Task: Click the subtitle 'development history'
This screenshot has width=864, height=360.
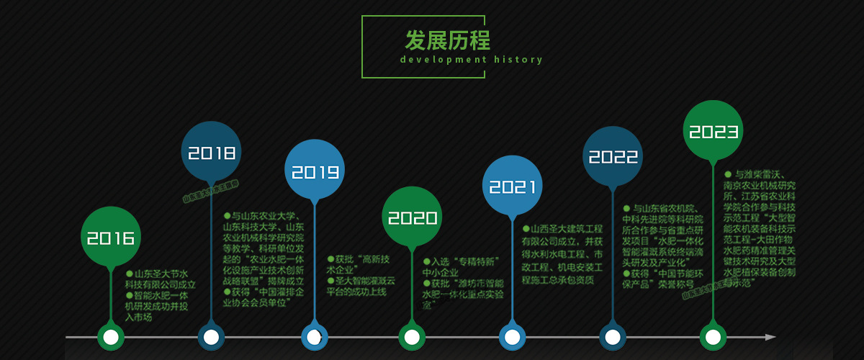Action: click(471, 60)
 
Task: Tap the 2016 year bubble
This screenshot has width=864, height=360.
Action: click(110, 238)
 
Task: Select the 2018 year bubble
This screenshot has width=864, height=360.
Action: click(212, 153)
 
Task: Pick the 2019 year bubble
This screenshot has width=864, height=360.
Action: click(315, 171)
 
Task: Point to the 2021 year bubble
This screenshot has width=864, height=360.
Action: click(513, 186)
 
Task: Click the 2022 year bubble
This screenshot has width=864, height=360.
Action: click(613, 156)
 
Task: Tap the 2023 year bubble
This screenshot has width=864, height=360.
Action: click(714, 131)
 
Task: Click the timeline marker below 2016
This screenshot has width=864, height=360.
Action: click(110, 336)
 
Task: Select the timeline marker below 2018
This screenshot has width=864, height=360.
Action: click(211, 336)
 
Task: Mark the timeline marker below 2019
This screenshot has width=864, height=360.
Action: click(313, 336)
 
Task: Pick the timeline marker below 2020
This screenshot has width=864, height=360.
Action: click(412, 336)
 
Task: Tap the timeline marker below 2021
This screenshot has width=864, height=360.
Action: click(512, 336)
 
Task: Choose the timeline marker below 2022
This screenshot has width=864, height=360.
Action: click(612, 336)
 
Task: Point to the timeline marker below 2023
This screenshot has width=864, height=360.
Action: click(713, 336)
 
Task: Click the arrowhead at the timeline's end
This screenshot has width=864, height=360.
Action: click(770, 336)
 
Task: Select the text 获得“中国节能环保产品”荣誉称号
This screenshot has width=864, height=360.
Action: click(662, 279)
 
